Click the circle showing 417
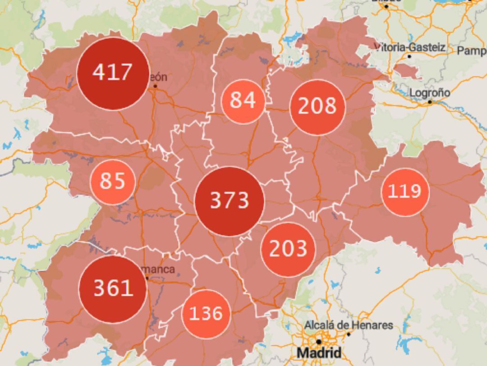coord(113,73)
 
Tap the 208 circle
coord(317,107)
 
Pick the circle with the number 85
coord(112,182)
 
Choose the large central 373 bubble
coord(229,201)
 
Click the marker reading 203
coord(288,249)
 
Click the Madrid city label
coord(319,352)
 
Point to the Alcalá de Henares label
coord(348,325)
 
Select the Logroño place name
coord(429,93)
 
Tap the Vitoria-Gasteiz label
coord(409,47)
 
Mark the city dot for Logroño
coord(430,102)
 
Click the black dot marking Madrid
coord(318,342)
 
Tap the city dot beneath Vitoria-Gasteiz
coord(409,56)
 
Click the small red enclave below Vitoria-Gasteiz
coord(406,70)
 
